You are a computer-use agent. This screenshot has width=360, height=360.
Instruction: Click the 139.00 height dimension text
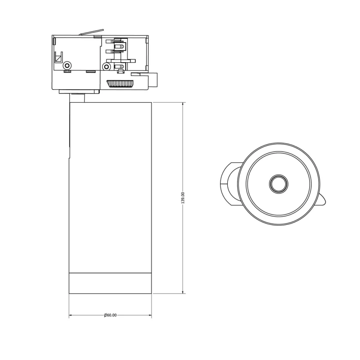click(183, 198)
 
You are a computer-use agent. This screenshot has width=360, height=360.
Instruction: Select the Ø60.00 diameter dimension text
click(110, 315)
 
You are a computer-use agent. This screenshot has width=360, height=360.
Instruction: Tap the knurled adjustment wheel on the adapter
click(120, 84)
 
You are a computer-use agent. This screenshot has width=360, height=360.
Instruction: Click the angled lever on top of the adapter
click(91, 32)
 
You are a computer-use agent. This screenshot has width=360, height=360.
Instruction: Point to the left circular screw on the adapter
click(67, 66)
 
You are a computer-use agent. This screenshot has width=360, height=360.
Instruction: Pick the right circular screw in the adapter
click(106, 67)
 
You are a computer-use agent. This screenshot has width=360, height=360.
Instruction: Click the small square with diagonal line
click(59, 57)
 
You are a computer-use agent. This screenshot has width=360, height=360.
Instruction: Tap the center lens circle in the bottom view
click(278, 184)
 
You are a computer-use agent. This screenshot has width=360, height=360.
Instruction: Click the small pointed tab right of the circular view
click(322, 200)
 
